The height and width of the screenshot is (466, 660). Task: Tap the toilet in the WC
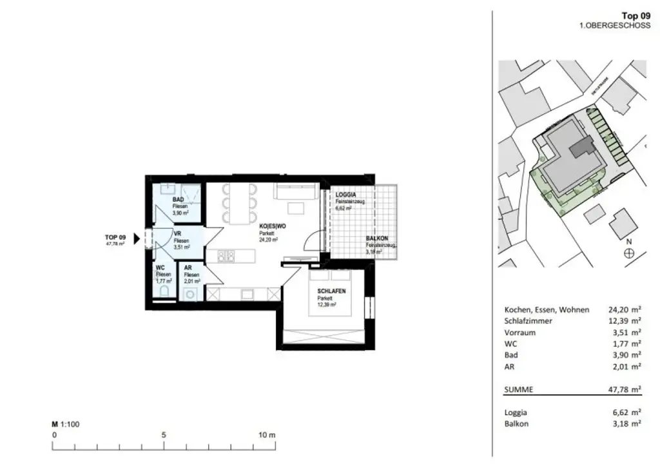(164, 292)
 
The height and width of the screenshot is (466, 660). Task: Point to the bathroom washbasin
(166, 189)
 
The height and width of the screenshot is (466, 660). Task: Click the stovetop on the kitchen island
(226, 257)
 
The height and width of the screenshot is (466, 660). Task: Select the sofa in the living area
(295, 191)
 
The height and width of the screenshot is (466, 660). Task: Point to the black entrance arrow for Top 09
(136, 239)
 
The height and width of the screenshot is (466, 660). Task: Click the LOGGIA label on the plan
(346, 194)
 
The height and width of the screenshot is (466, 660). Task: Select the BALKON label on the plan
(378, 238)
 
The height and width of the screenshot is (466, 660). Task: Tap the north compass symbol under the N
(629, 253)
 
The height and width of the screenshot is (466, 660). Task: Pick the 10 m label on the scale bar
(267, 435)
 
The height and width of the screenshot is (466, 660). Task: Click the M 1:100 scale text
(65, 425)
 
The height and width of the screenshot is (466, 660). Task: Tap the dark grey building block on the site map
(585, 146)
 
